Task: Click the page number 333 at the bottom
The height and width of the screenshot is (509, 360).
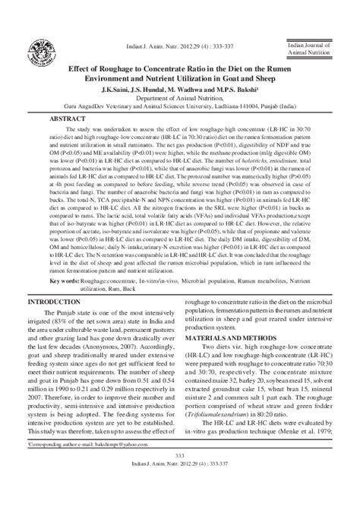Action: point(180,476)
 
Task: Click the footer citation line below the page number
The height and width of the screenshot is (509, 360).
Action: point(180,484)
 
